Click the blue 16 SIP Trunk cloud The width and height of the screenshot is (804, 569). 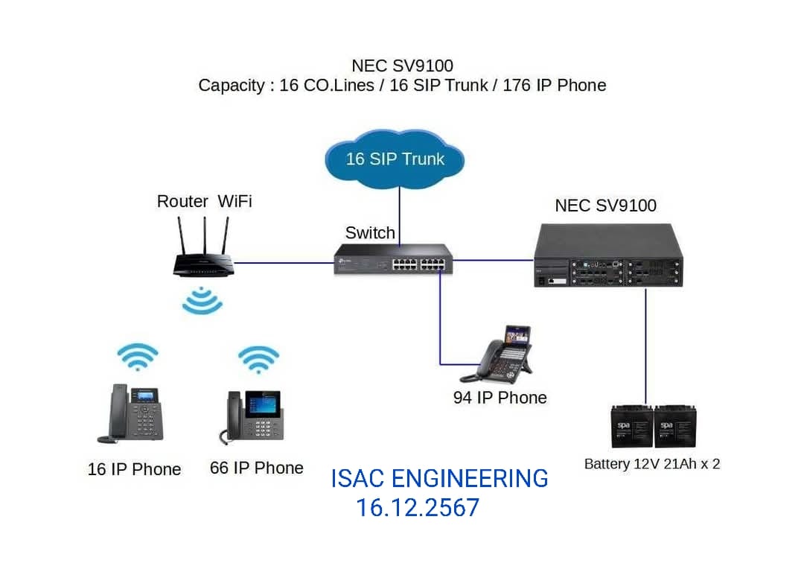(x=395, y=159)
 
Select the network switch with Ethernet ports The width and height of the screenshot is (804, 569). (x=392, y=258)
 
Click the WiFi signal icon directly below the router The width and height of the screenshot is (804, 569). (x=202, y=301)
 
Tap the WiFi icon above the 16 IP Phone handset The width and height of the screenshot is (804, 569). (x=138, y=357)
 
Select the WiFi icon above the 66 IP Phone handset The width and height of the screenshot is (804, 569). (x=258, y=360)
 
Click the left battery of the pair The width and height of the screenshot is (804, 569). (x=632, y=427)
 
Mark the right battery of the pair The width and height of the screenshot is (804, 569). (x=674, y=427)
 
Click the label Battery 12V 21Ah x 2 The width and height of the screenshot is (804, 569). (x=652, y=464)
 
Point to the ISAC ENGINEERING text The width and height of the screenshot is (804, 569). (x=439, y=478)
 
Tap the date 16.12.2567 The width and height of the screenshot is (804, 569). (x=417, y=508)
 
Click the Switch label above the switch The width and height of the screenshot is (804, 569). (x=370, y=232)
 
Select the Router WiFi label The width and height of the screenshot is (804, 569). (x=204, y=201)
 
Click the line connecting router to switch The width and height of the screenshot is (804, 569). (x=283, y=261)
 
